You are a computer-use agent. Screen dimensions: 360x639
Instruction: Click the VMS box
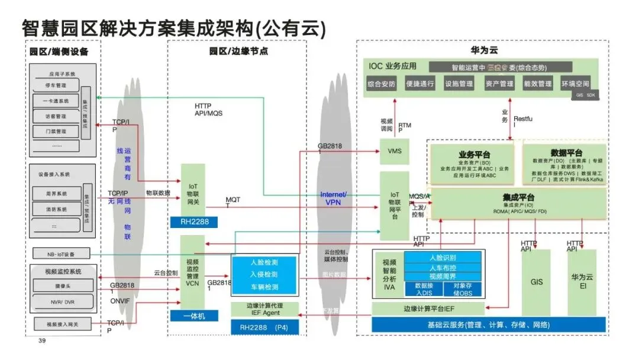tap(394, 151)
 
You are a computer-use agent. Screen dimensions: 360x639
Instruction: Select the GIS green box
tap(536, 282)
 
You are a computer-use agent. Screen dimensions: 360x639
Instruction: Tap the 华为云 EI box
tap(582, 281)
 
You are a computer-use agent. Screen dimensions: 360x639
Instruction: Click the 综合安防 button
tap(381, 84)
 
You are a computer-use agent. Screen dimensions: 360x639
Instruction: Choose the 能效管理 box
tap(537, 84)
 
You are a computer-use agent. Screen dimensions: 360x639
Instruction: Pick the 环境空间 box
tap(576, 84)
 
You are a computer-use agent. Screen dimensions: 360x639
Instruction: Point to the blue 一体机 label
tap(192, 316)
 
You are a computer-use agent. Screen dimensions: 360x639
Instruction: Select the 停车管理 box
tap(55, 86)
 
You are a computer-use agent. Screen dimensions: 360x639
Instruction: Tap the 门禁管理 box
tap(55, 131)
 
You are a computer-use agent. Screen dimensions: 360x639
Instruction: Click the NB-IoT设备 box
tap(60, 254)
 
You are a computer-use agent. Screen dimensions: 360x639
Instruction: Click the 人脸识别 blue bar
tap(443, 258)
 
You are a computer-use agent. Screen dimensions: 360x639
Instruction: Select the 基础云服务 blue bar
tap(488, 324)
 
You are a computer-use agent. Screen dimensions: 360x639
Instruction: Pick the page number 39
tap(42, 341)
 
